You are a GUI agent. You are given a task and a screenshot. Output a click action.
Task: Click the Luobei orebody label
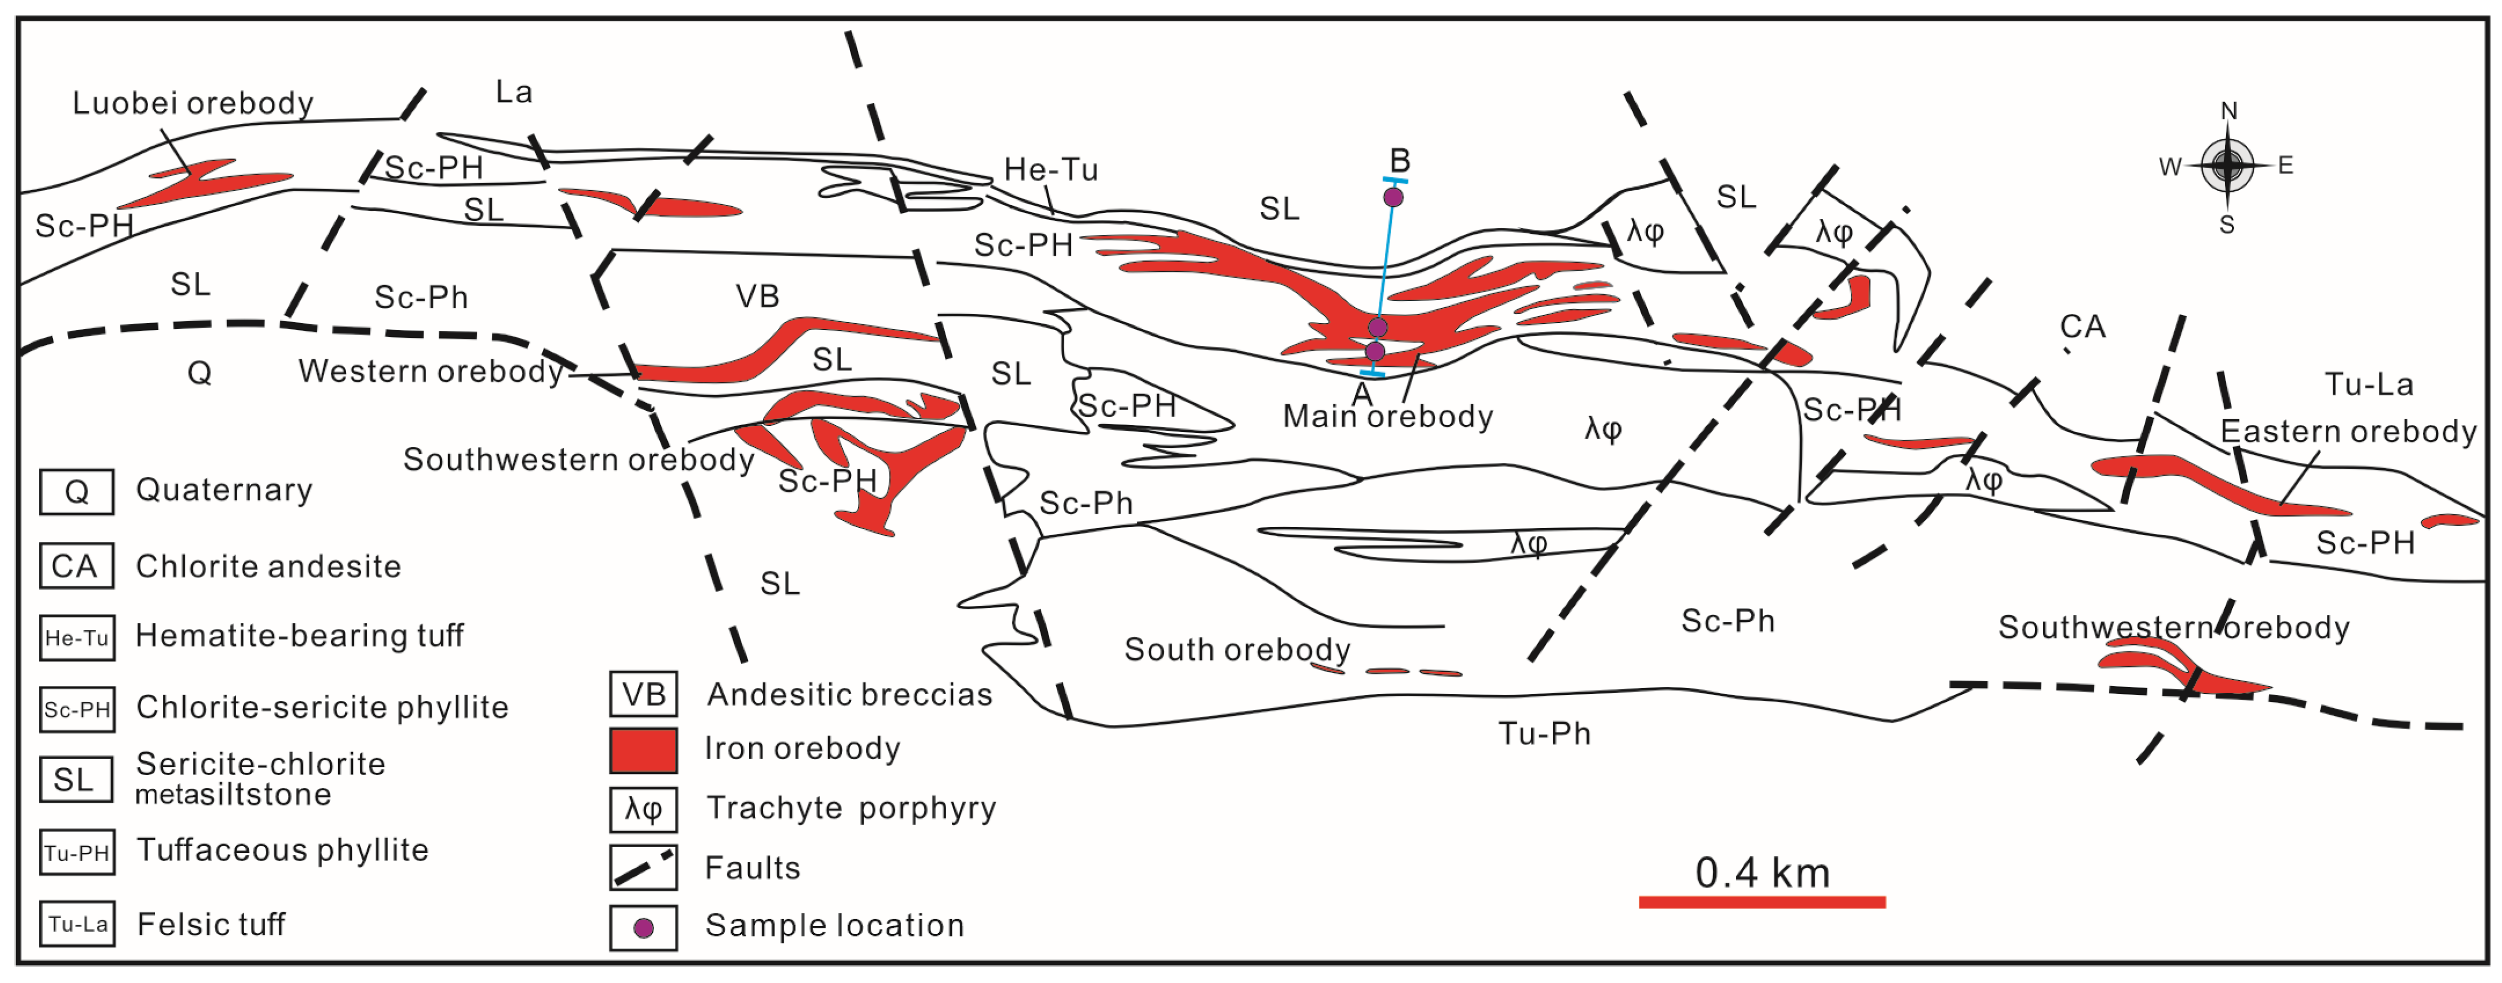pyautogui.click(x=192, y=103)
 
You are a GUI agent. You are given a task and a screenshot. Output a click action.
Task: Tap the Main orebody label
pyautogui.click(x=1387, y=417)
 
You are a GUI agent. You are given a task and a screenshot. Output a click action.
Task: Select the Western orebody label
pyautogui.click(x=430, y=371)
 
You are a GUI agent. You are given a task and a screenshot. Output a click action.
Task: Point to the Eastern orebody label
pyautogui.click(x=2348, y=431)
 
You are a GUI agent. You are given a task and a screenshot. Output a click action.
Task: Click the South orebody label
pyautogui.click(x=1236, y=649)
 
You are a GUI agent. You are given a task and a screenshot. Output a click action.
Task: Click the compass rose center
pyautogui.click(x=2227, y=165)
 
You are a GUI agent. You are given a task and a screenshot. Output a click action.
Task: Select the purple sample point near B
pyautogui.click(x=1393, y=197)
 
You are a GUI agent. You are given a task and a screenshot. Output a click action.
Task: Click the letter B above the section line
pyautogui.click(x=1400, y=160)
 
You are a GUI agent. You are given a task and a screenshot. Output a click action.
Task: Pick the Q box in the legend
pyautogui.click(x=76, y=492)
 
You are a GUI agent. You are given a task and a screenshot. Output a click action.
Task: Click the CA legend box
pyautogui.click(x=76, y=566)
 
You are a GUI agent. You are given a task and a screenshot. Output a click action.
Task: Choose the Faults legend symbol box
pyautogui.click(x=643, y=867)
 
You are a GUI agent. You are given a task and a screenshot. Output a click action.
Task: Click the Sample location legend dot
pyautogui.click(x=643, y=928)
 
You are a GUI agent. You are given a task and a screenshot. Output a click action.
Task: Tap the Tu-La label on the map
pyautogui.click(x=2368, y=385)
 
